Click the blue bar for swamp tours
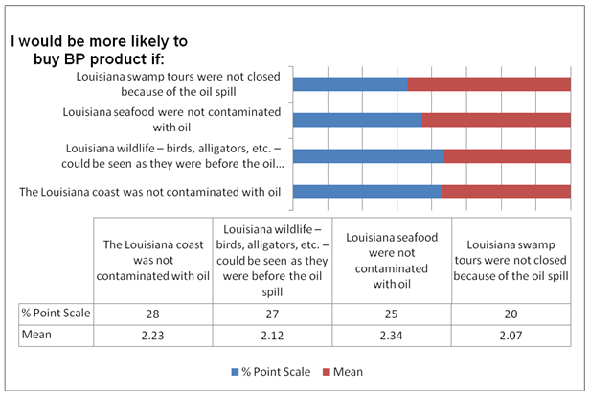tap(350, 84)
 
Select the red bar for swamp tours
tap(488, 84)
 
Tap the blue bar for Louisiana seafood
tap(357, 120)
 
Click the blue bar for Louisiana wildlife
tap(368, 156)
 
